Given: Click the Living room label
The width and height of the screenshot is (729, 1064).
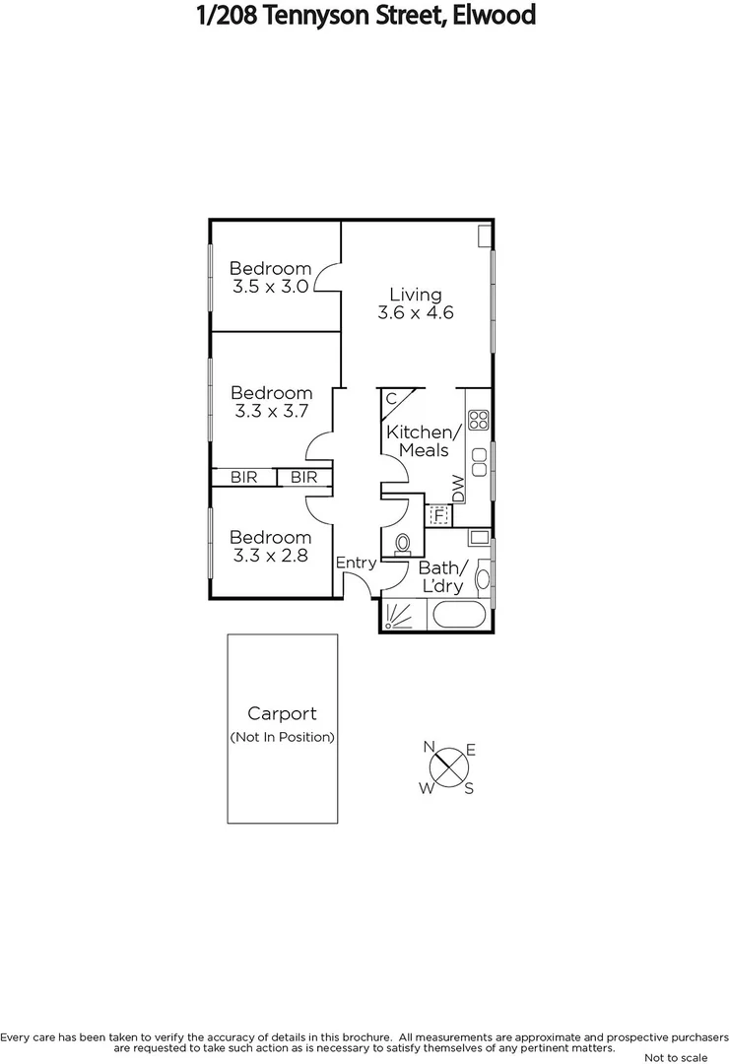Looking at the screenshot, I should pos(415,294).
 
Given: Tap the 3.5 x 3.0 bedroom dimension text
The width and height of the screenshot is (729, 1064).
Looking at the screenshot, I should pos(271,287).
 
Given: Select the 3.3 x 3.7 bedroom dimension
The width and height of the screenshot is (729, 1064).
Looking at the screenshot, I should pos(271,412).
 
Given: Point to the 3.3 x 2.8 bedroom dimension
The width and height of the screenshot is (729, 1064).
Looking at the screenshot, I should pos(271,556).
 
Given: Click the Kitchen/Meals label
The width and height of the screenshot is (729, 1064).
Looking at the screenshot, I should pos(423,441).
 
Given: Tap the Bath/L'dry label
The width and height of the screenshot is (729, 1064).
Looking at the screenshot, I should pos(440,577).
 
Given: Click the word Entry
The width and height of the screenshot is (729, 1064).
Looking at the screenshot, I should pos(356,563).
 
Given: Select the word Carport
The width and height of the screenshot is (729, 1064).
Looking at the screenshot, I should pos(282,714).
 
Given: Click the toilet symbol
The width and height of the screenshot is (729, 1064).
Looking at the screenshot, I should pos(403,543).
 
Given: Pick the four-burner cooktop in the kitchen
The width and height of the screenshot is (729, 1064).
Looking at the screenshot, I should pos(479,421).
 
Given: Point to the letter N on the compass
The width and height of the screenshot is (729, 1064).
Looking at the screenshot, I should pos(430,747).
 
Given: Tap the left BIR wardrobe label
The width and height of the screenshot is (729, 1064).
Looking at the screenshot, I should pos(243,477).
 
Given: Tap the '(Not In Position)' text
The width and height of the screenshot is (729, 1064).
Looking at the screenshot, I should pos(282,737).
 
